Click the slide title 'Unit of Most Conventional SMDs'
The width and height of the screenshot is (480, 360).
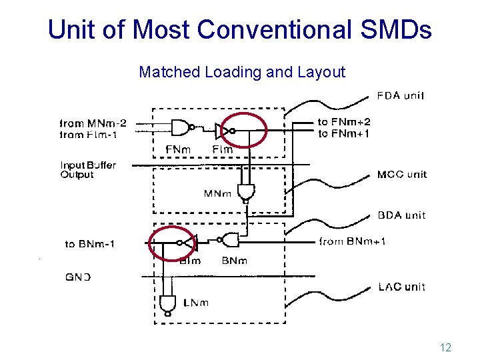point(240,29)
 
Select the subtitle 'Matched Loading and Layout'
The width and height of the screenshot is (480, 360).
point(242,72)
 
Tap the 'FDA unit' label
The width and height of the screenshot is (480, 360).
point(401,95)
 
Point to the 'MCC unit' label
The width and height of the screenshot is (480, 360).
point(402,175)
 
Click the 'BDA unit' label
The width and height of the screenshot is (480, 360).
point(401,215)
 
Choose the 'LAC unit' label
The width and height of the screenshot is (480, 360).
point(401,287)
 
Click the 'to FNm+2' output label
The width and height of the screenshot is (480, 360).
point(344,122)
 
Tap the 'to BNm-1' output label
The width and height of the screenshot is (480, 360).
point(90,244)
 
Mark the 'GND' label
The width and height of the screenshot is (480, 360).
point(78,277)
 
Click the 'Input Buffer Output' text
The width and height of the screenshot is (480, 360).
point(88,170)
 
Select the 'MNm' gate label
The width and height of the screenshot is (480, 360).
point(217,194)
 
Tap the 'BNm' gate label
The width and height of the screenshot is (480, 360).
point(235,261)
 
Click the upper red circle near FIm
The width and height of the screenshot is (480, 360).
point(243,129)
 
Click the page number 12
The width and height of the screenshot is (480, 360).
point(446,347)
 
